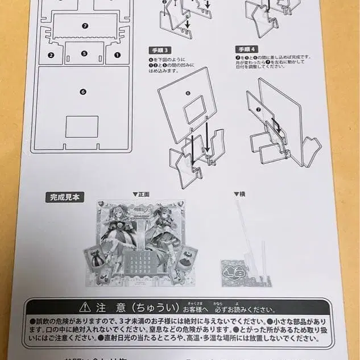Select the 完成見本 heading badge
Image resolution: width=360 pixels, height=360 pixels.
pos(66,197)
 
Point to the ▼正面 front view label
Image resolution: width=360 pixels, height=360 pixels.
pos(141,195)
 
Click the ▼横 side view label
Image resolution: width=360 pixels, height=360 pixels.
pos(239,195)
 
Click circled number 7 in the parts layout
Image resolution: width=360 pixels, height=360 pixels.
pos(84,26)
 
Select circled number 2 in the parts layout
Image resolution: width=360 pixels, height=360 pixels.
pos(51,55)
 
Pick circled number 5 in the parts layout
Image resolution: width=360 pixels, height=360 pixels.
pos(84,54)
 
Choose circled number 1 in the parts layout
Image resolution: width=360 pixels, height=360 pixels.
pos(117,55)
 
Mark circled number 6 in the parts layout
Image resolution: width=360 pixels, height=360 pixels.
pos(83,91)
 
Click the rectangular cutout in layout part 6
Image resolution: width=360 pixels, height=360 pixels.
pos(82,126)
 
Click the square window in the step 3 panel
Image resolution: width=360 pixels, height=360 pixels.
pos(195,109)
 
